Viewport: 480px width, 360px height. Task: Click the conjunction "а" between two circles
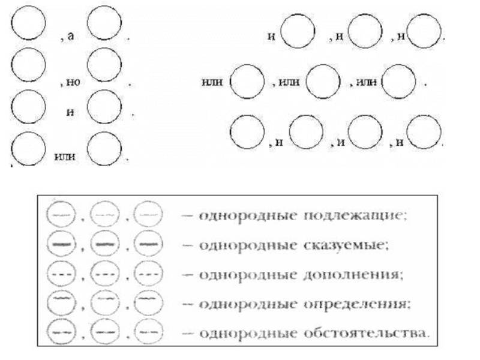coord(71,37)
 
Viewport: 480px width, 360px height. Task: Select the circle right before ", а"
coord(28,26)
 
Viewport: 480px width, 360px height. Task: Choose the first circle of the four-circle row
coord(247,130)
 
